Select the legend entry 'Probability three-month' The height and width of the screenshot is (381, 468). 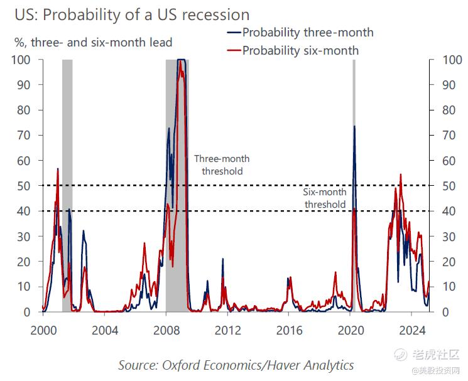tap(307, 33)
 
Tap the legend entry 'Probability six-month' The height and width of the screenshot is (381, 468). tap(300, 50)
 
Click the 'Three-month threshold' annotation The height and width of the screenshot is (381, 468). tap(217, 165)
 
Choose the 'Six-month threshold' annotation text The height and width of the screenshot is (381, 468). tap(324, 199)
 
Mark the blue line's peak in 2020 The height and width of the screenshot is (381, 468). tap(354, 126)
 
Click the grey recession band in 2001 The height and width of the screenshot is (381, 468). tap(67, 188)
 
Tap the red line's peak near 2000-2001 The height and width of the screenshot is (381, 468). tap(58, 169)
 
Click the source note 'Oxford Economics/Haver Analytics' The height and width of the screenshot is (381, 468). tap(236, 365)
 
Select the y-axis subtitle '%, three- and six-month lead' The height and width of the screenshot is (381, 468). tap(93, 43)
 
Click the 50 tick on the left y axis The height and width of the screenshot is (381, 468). tap(23, 186)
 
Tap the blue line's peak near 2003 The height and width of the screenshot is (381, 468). tap(83, 231)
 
